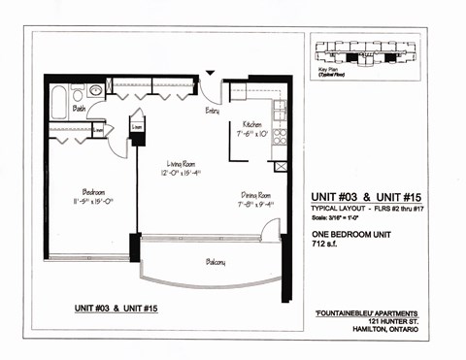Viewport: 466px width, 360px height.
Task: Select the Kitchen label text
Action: point(242,124)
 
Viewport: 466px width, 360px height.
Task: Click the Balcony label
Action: point(216,262)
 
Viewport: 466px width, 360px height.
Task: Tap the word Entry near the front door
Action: point(212,111)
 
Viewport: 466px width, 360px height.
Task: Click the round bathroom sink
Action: point(95,91)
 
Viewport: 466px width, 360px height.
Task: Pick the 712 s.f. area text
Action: point(324,243)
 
